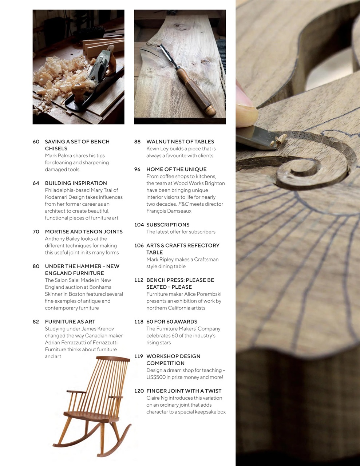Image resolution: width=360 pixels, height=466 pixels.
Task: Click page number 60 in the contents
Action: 36,142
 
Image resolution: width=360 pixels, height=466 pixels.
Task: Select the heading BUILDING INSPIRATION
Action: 76,183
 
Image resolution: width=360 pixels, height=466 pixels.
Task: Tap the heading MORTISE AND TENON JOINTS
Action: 84,232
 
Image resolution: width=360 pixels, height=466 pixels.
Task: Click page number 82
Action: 36,322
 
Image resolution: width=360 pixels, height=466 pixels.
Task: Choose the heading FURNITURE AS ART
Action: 70,322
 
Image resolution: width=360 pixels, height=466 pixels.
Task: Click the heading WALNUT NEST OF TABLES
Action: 180,142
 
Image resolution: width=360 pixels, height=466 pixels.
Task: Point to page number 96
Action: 137,169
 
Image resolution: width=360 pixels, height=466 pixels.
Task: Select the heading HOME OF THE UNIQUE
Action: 176,169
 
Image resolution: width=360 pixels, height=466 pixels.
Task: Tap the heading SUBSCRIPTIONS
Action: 168,225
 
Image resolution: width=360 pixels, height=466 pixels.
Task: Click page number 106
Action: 139,245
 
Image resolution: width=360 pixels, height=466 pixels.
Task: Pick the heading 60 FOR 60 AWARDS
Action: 171,322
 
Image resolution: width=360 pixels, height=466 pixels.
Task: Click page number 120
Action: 139,391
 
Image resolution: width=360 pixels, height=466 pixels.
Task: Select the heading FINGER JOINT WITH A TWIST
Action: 184,391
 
